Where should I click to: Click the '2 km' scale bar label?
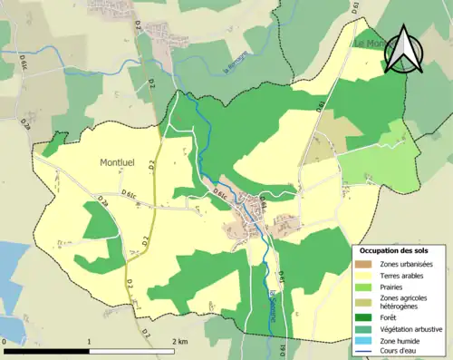pos(179,342)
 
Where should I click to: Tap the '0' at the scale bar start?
pos(5,342)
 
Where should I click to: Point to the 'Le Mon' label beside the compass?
pos(370,43)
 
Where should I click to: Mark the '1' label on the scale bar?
pos(90,342)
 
